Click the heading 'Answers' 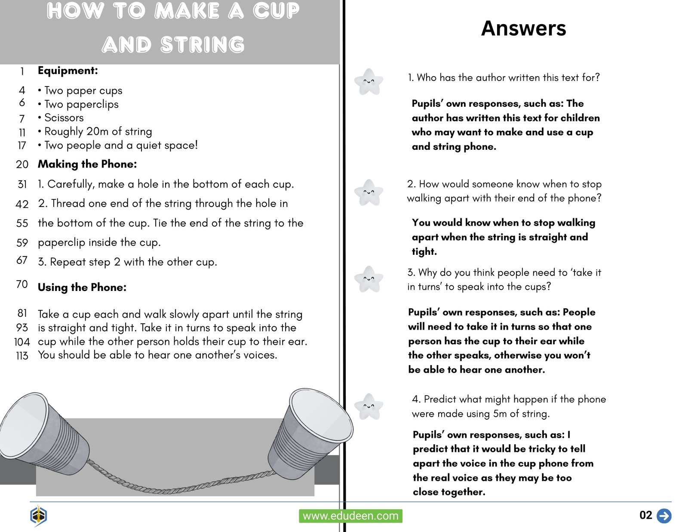tap(523, 28)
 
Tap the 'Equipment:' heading tap(68, 71)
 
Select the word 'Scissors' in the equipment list tap(64, 118)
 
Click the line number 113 tap(22, 356)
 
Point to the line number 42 tap(22, 204)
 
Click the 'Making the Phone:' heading tap(87, 164)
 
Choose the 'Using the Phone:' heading tap(82, 287)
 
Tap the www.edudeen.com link tap(350, 516)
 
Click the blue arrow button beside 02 tap(664, 516)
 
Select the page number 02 tap(645, 515)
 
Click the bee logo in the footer tap(39, 515)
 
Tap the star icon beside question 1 tap(369, 81)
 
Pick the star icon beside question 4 tap(369, 406)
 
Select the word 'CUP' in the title tap(276, 11)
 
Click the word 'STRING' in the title tap(203, 45)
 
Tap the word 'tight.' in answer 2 tap(424, 251)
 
